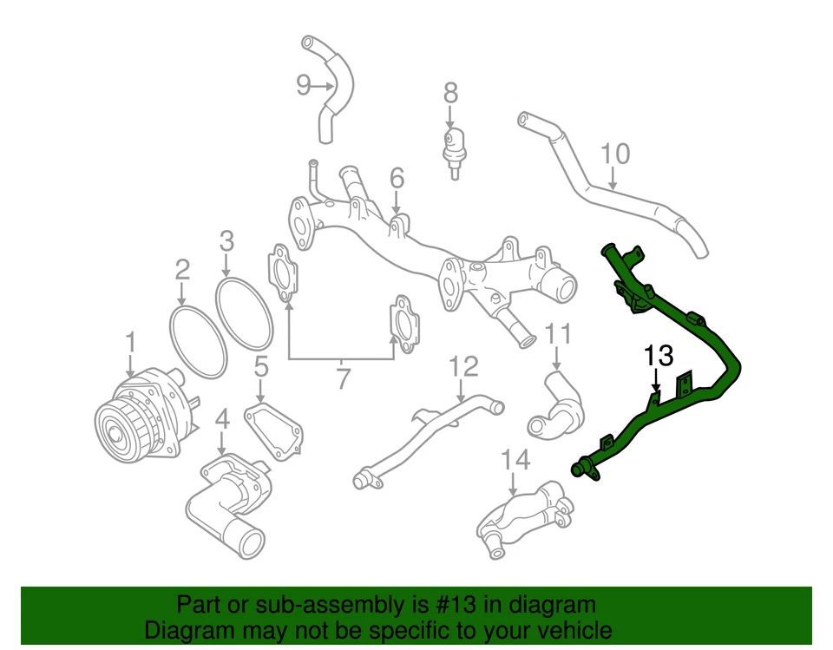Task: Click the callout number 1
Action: (x=130, y=342)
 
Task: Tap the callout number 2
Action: (x=182, y=270)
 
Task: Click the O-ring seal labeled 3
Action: (x=245, y=314)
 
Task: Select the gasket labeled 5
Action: (x=275, y=430)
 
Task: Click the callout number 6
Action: (x=397, y=178)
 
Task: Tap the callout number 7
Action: (x=343, y=378)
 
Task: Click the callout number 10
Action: (x=614, y=155)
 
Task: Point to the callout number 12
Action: (x=463, y=365)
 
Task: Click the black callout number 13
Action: (x=658, y=355)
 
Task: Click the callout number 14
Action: (x=515, y=460)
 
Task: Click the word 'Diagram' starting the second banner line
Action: (x=184, y=629)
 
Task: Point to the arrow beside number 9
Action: (x=324, y=86)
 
